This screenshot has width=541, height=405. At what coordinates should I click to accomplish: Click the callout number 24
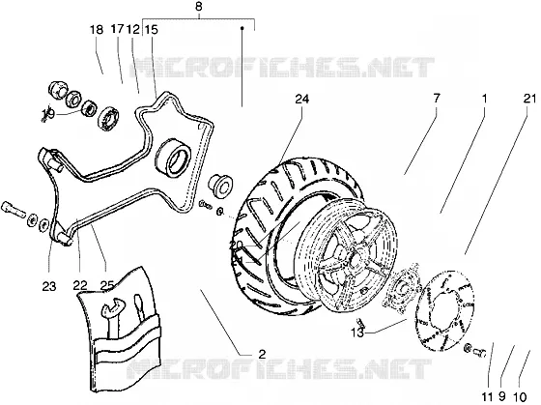point(301,100)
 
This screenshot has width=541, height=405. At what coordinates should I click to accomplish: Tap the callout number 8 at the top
point(198,7)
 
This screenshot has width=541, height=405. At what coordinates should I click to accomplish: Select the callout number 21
point(529,100)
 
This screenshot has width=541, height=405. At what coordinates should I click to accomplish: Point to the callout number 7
point(437,99)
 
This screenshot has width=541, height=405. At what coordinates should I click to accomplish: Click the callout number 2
point(263,354)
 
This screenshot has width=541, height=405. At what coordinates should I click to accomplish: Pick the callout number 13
point(357,333)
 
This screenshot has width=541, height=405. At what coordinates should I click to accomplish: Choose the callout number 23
point(49,286)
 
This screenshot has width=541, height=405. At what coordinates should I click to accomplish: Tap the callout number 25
point(107,285)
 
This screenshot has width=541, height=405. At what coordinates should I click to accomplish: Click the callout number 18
point(97,30)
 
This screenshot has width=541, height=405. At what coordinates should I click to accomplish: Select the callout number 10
point(521,396)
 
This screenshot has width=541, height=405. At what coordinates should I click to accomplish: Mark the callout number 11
point(487,396)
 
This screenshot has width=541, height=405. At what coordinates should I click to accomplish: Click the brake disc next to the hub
point(446,309)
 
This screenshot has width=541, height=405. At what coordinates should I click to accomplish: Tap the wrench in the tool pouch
point(111,318)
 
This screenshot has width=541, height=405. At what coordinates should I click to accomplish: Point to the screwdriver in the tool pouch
point(140,310)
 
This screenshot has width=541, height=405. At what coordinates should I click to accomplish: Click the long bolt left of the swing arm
point(14,209)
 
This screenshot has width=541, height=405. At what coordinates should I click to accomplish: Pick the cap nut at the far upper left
point(57,89)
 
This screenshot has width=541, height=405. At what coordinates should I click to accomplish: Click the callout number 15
point(151,30)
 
